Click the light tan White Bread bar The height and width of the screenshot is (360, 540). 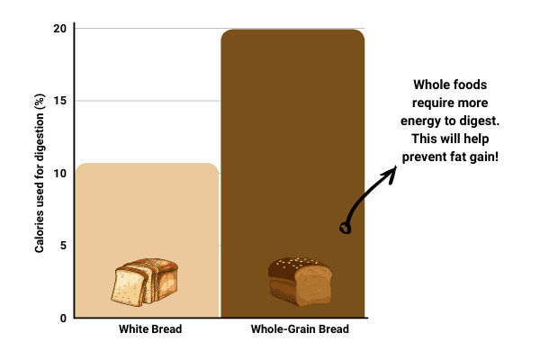pos(147,240)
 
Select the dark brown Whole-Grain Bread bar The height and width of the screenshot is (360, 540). pos(292,174)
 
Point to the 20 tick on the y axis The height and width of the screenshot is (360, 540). pos(60,29)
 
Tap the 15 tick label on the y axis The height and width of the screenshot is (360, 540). pos(60,101)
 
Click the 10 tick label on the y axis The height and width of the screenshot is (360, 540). pos(60,174)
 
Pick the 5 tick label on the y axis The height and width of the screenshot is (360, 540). pos(63,246)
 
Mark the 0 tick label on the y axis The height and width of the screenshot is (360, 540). pos(63,318)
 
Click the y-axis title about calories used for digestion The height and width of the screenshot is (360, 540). pos(40,173)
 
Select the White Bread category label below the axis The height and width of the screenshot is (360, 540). pos(150,329)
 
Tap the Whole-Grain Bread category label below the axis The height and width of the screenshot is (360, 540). pos(300,329)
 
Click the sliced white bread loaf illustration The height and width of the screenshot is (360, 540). pos(145,282)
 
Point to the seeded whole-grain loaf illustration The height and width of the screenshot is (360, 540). pos(301,282)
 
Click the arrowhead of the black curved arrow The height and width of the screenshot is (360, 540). pos(391,174)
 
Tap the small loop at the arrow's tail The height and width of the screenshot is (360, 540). pos(346,228)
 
